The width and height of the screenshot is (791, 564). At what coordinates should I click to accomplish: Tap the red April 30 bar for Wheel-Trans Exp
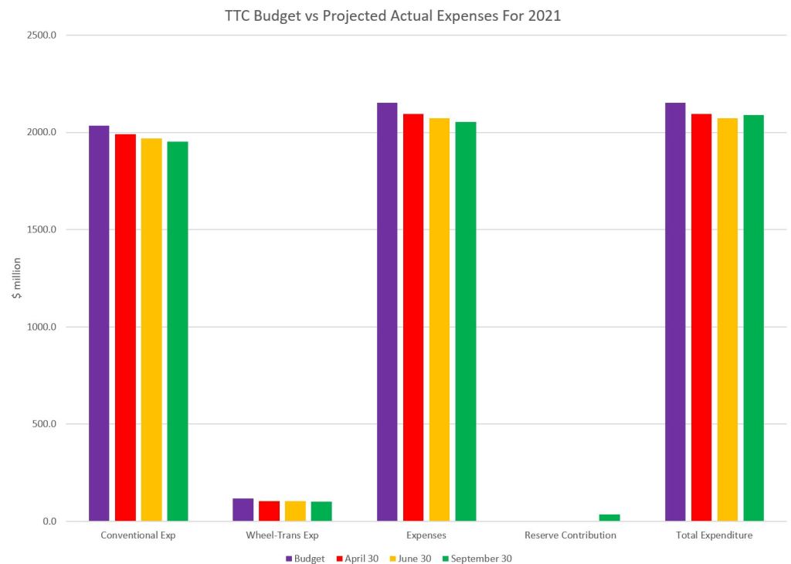tap(269, 511)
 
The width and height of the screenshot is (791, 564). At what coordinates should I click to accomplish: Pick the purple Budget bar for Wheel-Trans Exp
tap(243, 509)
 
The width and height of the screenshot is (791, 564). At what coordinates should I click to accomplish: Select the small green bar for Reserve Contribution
tap(609, 518)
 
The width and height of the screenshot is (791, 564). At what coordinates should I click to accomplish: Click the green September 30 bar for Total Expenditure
tap(753, 318)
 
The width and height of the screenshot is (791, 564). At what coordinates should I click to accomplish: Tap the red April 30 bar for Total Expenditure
tap(701, 317)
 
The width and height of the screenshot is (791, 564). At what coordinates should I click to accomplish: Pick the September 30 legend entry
tap(476, 559)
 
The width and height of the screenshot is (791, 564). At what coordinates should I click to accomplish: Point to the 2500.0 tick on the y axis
tap(43, 36)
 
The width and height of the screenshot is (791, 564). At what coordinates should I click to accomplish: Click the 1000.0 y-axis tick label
tap(43, 327)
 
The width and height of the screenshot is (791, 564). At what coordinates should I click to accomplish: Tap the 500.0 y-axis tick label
tap(46, 424)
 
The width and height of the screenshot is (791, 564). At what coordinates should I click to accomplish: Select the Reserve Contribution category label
tap(570, 535)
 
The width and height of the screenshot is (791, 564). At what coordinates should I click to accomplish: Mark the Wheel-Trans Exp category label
tap(282, 535)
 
